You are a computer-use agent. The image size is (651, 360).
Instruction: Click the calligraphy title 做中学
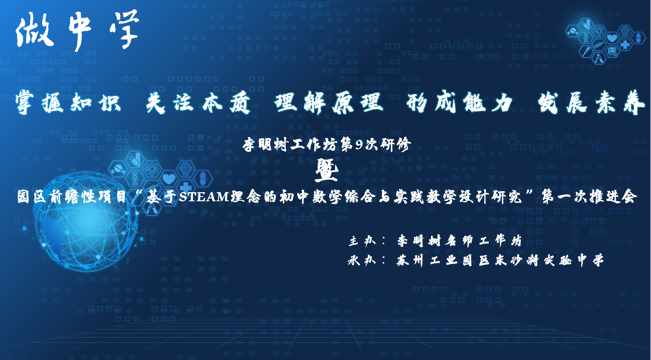pyautogui.click(x=77, y=31)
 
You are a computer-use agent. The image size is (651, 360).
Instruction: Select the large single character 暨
pyautogui.click(x=326, y=171)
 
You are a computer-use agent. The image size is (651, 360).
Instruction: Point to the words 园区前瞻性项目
pyautogui.click(x=71, y=197)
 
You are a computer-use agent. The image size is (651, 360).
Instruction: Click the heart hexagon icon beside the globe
pyautogui.click(x=169, y=179)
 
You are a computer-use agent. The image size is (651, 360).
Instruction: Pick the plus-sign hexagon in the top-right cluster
pyautogui.click(x=625, y=44)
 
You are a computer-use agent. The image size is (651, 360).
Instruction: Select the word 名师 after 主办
pyautogui.click(x=458, y=241)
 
